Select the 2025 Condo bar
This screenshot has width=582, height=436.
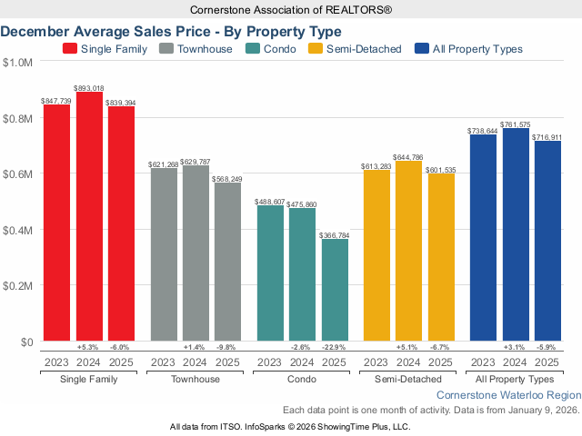click(x=335, y=290)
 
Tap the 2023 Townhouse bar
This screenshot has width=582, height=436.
click(x=164, y=254)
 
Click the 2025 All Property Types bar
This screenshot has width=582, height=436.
click(x=547, y=241)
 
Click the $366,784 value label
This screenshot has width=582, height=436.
click(x=335, y=234)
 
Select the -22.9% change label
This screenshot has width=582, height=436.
click(x=335, y=348)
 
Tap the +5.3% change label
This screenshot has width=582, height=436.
click(x=89, y=348)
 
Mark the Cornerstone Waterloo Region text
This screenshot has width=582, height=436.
click(x=507, y=395)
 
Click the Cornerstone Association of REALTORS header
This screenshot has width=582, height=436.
click(x=290, y=10)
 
